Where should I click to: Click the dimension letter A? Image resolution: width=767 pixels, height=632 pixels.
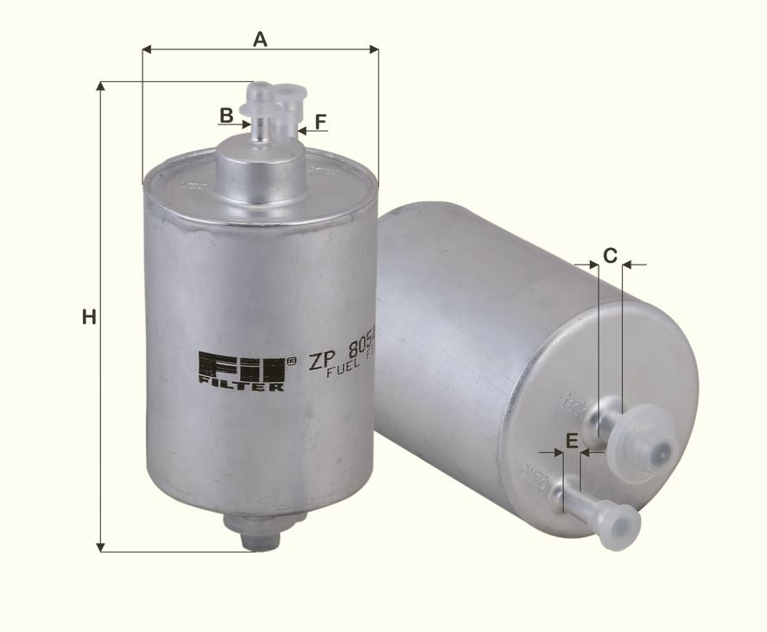tap(260, 39)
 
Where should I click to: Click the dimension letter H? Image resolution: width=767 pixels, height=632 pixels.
tap(88, 317)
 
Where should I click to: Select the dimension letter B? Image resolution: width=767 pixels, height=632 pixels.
tap(225, 115)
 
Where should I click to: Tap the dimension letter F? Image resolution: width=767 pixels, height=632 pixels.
tap(321, 122)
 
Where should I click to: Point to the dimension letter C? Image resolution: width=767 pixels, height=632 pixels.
tap(610, 255)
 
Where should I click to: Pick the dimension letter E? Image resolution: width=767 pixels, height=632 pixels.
tap(571, 441)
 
